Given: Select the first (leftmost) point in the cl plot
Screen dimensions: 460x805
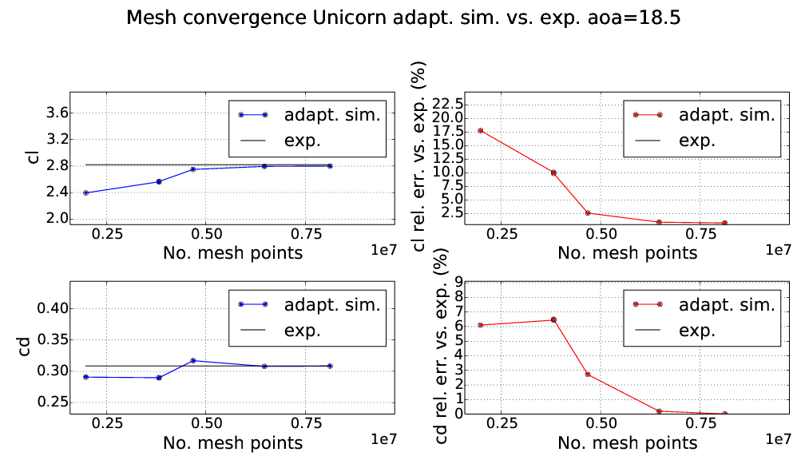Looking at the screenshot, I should click(85, 192).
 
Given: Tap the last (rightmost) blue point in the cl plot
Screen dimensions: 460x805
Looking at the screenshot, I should click(330, 166).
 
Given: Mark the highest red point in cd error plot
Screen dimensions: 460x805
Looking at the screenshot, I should click(553, 319).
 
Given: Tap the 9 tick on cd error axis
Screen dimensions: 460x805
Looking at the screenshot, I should click(458, 281).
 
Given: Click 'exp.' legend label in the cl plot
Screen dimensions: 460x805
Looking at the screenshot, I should click(302, 141).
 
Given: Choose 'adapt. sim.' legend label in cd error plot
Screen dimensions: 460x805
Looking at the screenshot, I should click(727, 304).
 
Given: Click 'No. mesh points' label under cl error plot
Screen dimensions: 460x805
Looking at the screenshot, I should click(628, 253).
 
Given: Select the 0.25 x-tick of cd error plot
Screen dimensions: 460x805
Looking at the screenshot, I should click(502, 424).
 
